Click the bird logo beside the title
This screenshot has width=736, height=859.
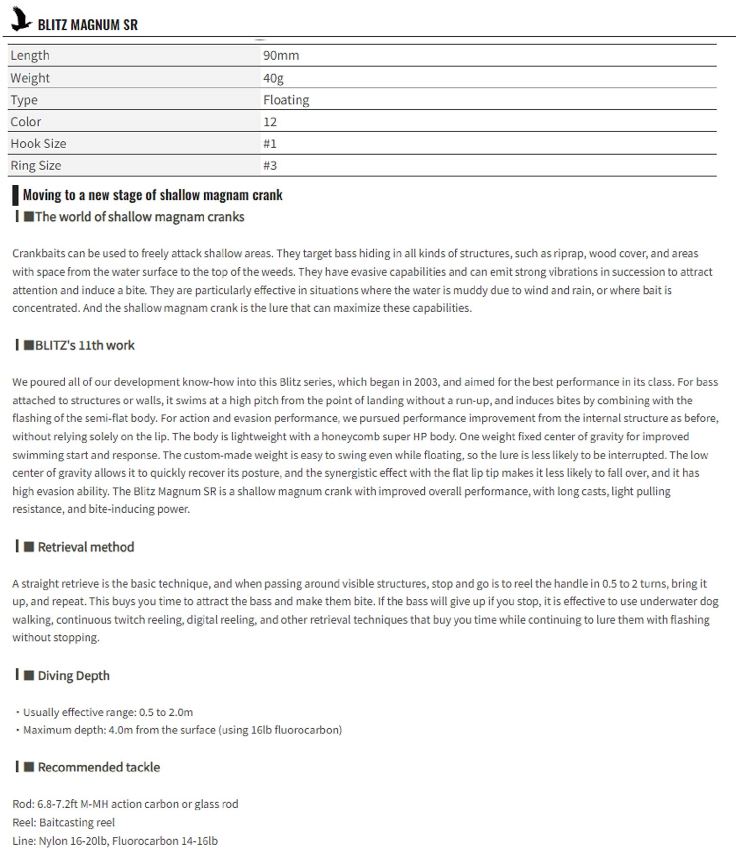[21, 19]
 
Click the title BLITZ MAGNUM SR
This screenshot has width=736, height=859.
[88, 25]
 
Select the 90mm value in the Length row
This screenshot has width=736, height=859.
[281, 55]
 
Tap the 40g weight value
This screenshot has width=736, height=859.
[273, 78]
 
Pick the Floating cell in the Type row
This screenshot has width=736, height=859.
[286, 100]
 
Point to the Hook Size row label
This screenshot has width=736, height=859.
[38, 143]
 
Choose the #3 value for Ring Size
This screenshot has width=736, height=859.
[270, 165]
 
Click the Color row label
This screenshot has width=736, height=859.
[26, 122]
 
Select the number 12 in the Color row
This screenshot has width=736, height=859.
[270, 122]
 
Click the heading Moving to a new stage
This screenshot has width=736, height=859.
[152, 195]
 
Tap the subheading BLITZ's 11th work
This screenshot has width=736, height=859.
[85, 345]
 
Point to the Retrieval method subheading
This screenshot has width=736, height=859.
[85, 547]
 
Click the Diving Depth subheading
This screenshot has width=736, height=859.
[73, 676]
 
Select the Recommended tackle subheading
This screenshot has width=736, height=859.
[98, 767]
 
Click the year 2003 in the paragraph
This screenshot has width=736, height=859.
[426, 382]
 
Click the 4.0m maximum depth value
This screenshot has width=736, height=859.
[121, 730]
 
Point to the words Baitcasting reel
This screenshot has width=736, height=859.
[77, 822]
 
